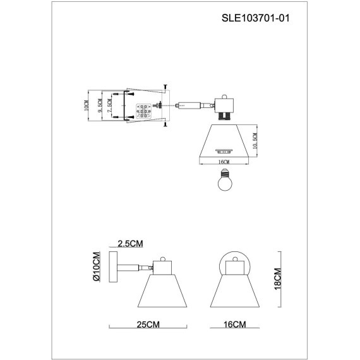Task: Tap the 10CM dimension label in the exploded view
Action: pyautogui.click(x=87, y=105)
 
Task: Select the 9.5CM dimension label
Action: pyautogui.click(x=100, y=105)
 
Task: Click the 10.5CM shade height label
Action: pyautogui.click(x=255, y=140)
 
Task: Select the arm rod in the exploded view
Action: pyautogui.click(x=189, y=105)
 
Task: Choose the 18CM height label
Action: pyautogui.click(x=277, y=277)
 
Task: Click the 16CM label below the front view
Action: pyautogui.click(x=234, y=325)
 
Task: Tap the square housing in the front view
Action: pyautogui.click(x=234, y=267)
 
